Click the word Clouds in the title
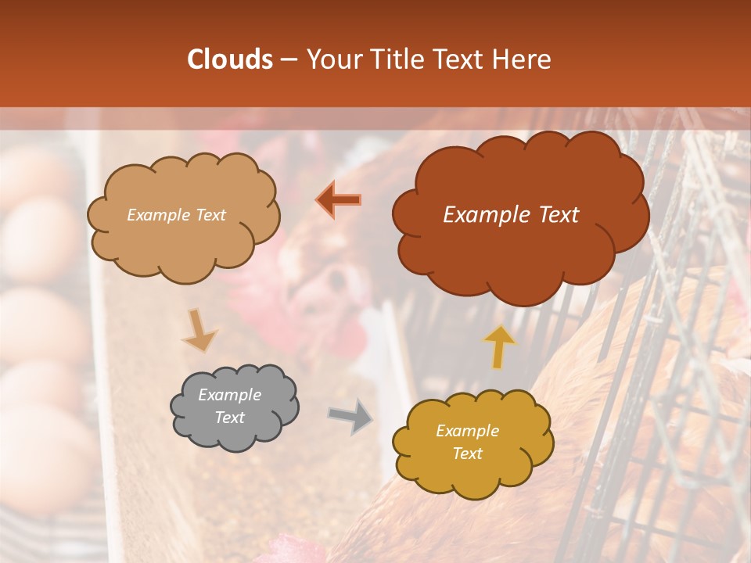click(230, 59)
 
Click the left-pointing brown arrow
click(339, 200)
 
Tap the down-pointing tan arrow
click(199, 330)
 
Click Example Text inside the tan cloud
click(176, 215)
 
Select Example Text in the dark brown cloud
click(511, 215)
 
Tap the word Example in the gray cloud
click(229, 395)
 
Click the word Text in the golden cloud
click(467, 454)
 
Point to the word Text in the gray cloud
click(229, 418)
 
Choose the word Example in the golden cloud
click(467, 431)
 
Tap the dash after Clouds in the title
click(287, 59)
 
